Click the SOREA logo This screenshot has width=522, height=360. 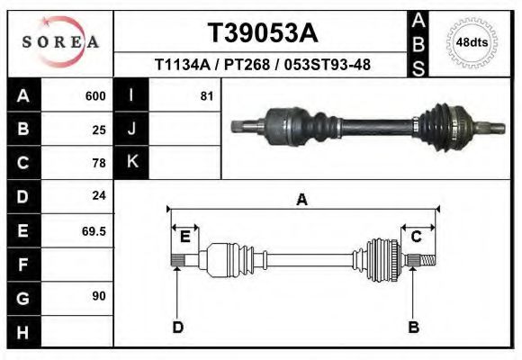point(60,42)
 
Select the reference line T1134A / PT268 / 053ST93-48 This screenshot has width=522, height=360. point(262,65)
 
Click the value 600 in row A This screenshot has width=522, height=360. point(94,95)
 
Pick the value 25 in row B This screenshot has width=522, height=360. point(99,130)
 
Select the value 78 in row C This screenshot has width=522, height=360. point(99,163)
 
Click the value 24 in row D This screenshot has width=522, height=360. point(99,195)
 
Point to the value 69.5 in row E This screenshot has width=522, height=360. point(94,230)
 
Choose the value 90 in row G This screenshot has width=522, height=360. point(99,296)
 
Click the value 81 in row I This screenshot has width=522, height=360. point(207,95)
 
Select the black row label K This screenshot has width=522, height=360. point(132,162)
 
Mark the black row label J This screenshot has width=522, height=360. point(132,130)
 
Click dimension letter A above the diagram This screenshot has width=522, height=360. point(301,200)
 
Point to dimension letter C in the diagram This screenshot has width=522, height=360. point(417,237)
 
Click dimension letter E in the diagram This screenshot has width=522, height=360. point(184,237)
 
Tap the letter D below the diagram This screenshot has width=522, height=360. point(177,327)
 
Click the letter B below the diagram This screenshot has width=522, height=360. point(414,327)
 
